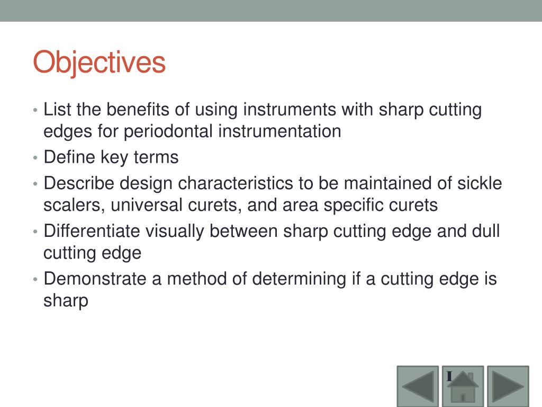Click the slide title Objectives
click(x=99, y=63)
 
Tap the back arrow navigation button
click(x=418, y=386)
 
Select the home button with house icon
click(x=463, y=386)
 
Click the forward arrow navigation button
click(x=508, y=386)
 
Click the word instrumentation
click(x=279, y=131)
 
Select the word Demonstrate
click(x=96, y=279)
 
